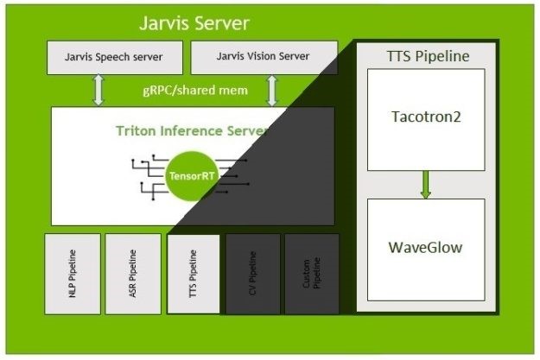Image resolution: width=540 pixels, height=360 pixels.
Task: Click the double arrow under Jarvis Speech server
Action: tap(98, 90)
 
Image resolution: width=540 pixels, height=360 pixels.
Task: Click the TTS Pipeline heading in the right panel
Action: tap(427, 57)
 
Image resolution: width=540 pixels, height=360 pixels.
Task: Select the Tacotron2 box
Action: tap(426, 119)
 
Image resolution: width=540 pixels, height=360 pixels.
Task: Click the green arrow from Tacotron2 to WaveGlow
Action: tap(426, 184)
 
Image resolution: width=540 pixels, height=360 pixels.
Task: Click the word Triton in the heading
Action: tap(137, 130)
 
